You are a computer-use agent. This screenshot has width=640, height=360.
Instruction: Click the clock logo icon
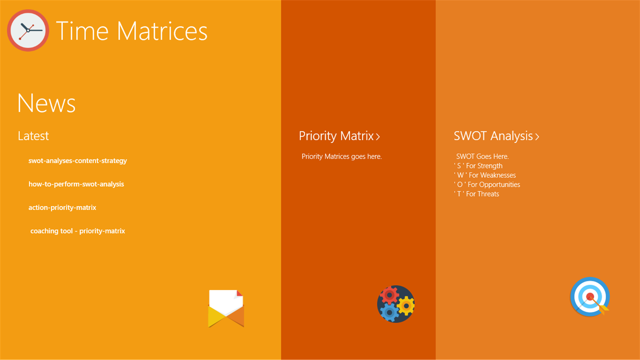[28, 31]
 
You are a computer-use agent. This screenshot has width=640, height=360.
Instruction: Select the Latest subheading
[33, 136]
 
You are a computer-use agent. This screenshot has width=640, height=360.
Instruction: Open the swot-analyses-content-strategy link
[78, 161]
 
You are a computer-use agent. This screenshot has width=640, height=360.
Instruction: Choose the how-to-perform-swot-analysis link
[76, 184]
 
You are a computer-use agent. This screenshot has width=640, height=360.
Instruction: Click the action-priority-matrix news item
[62, 208]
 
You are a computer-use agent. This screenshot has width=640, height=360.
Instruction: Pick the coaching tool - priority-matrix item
[78, 231]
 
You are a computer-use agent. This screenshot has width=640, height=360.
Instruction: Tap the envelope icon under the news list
[226, 308]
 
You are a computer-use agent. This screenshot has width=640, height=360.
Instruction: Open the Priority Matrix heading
[336, 136]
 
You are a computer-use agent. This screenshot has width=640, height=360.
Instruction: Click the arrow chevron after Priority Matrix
[378, 137]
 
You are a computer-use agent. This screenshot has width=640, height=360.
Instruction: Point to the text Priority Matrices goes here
[342, 156]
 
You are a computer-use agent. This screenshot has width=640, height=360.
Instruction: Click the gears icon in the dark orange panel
[396, 304]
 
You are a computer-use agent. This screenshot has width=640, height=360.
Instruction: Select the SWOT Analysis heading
[493, 136]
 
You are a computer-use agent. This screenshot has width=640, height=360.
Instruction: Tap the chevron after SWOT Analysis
[537, 137]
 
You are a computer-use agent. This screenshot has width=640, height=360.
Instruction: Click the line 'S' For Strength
[478, 166]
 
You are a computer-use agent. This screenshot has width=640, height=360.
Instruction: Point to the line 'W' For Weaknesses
[485, 176]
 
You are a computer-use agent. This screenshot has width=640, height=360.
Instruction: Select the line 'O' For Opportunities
[487, 185]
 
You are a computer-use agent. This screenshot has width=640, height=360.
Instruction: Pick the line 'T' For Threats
[476, 194]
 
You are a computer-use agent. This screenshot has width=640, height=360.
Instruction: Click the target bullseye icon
[590, 296]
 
